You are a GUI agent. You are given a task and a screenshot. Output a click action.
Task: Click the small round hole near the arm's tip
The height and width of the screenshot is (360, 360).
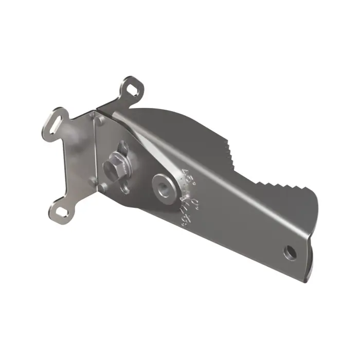[292, 251]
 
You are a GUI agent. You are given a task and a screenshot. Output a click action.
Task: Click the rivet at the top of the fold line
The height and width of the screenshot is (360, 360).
[101, 120]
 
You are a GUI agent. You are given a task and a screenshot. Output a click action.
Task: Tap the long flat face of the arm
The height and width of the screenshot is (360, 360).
[242, 221]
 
